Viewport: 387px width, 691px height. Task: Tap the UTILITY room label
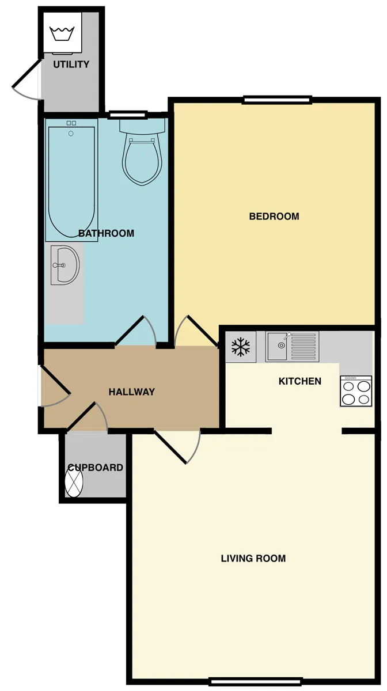click(71, 64)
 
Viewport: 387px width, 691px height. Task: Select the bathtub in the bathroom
click(71, 180)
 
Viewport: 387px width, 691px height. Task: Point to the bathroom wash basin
click(65, 265)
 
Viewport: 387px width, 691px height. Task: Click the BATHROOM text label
click(106, 233)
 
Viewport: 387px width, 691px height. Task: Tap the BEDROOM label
click(274, 217)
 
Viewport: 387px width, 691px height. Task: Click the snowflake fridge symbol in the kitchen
click(241, 347)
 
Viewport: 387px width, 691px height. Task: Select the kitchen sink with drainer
click(292, 347)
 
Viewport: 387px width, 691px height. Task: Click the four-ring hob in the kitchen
click(356, 391)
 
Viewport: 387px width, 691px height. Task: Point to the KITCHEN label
click(300, 381)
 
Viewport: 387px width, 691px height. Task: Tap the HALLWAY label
click(132, 392)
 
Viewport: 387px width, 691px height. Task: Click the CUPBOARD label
click(96, 468)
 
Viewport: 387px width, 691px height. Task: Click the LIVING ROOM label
click(253, 559)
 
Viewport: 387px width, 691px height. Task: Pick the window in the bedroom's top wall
click(276, 100)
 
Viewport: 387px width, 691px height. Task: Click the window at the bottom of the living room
click(255, 681)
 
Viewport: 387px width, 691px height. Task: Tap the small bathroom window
click(127, 115)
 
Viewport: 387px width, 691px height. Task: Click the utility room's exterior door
click(27, 79)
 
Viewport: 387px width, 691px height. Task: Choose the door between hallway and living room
click(177, 446)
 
